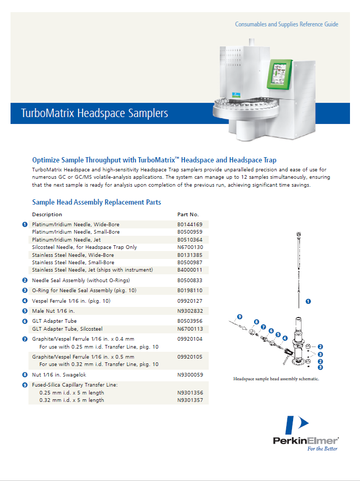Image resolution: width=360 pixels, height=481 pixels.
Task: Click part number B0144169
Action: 190,224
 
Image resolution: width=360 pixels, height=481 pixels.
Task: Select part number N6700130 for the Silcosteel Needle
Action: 190,247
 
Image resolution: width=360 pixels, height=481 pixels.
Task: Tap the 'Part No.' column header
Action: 188,215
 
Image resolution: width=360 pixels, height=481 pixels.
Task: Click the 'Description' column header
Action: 47,215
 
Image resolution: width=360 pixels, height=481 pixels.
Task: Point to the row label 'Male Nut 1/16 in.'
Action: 53,311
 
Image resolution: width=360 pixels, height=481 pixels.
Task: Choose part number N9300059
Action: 190,374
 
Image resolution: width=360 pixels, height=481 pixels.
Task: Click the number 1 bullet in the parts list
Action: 25,225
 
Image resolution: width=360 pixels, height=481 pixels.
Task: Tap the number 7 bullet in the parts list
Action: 25,339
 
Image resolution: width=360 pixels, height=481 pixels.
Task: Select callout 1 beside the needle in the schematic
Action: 308,301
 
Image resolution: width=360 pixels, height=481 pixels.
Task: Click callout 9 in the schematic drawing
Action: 239,316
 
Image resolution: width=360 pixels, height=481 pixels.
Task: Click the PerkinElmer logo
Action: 305,432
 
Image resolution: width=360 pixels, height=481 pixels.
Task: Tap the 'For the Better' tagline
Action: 323,449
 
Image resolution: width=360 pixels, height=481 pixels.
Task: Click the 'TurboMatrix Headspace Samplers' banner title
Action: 94,113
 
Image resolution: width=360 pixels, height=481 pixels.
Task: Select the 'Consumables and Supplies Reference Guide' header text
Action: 286,24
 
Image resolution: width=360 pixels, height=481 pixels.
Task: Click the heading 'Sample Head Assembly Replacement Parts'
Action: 96,202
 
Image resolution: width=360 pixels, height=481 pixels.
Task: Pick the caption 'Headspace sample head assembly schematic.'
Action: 277,379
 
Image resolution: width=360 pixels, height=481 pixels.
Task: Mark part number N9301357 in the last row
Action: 190,400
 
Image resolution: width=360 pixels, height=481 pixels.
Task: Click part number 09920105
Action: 190,357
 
